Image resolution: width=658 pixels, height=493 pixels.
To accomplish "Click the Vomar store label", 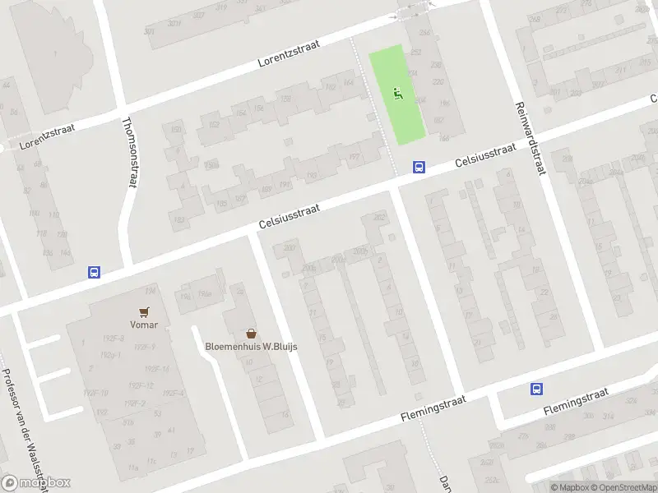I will pos(143,325).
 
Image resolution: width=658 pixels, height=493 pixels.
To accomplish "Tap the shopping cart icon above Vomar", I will pos(145,312).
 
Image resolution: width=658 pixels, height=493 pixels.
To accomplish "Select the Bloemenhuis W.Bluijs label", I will pos(251,346).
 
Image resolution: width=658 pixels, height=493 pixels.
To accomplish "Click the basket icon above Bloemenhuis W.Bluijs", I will pos(252,334).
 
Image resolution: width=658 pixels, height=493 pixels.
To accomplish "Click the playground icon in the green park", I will pos(398,94).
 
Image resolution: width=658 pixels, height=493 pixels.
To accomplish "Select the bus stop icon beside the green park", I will pos(419,167).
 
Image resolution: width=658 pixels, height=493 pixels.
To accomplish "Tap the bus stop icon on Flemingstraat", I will pos(537,389).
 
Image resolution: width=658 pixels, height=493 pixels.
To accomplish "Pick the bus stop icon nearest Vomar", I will pos(94,273).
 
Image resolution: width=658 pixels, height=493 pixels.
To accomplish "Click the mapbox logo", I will pos(36,483).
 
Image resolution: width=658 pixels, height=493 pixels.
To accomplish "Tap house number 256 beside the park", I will pos(424,33).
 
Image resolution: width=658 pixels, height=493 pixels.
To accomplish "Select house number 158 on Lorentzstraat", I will pos(285,99).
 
